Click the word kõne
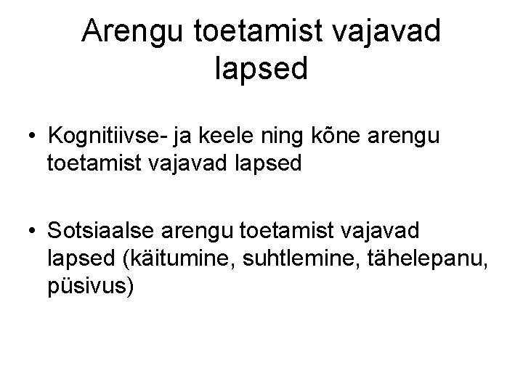point(344,136)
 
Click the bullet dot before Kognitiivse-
point(32,136)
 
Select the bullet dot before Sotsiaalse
point(32,232)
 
